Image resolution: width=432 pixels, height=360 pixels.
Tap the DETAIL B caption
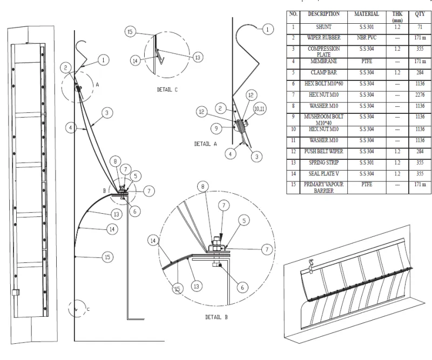tap(217, 317)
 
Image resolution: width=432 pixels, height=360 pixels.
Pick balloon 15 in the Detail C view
tap(130, 32)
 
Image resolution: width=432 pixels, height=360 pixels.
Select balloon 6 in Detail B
tap(243, 287)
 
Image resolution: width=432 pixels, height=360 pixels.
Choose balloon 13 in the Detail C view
tap(198, 57)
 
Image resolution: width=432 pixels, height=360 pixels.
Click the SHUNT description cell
tap(323, 27)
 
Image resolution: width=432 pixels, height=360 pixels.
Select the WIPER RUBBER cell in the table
tap(323, 38)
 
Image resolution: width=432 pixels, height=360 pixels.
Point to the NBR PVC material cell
tap(367, 38)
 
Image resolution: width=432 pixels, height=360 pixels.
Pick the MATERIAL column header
tap(367, 15)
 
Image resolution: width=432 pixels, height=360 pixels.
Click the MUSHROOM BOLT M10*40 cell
tap(323, 119)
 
